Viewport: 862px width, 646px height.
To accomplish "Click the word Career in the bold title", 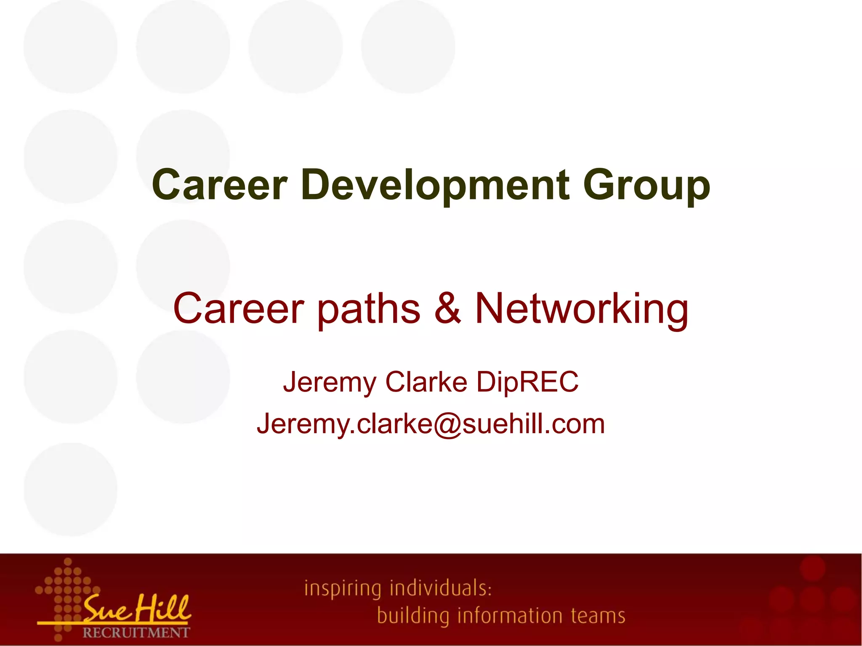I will [x=220, y=185].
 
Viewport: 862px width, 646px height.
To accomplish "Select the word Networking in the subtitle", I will [x=582, y=309].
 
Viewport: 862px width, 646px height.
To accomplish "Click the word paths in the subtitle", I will [x=368, y=309].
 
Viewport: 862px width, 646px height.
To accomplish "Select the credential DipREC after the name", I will [x=527, y=382].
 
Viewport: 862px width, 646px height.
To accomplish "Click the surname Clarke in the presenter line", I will [x=426, y=382].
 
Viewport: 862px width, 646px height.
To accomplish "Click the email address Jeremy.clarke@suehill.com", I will [x=431, y=424].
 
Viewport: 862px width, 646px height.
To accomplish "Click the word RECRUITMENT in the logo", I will [x=136, y=633].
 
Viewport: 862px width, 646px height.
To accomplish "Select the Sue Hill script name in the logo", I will [x=137, y=609].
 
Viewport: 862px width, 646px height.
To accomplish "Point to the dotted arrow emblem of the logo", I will [x=67, y=589].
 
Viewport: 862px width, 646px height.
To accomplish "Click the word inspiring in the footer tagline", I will [x=343, y=588].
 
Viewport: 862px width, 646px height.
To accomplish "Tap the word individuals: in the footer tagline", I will [x=441, y=588].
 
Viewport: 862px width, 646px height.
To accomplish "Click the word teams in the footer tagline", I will [x=598, y=616].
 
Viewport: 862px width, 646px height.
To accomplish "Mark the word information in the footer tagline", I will [x=510, y=616].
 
